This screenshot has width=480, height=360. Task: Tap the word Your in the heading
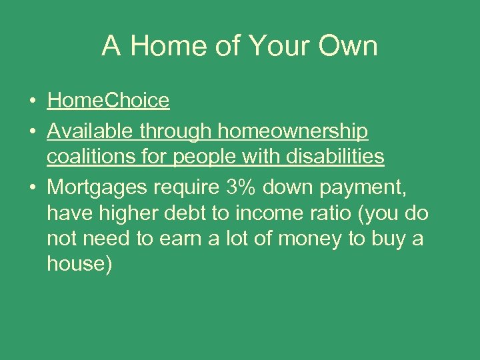(273, 46)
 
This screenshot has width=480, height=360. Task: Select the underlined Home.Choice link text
(108, 101)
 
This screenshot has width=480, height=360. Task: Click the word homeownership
(293, 132)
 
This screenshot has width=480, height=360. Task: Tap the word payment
(369, 189)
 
